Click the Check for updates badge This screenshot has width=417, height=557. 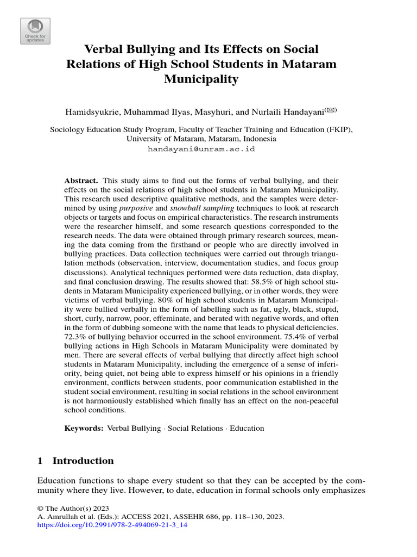coord(35,30)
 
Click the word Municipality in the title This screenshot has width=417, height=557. coord(201,79)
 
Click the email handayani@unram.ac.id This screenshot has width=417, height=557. coord(201,148)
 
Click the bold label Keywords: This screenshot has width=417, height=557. coord(84,429)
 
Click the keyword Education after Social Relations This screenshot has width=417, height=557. coord(247,429)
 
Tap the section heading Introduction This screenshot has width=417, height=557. coord(83,461)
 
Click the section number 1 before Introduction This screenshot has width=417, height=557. coord(40,461)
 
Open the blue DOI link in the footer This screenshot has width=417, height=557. coord(112,526)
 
